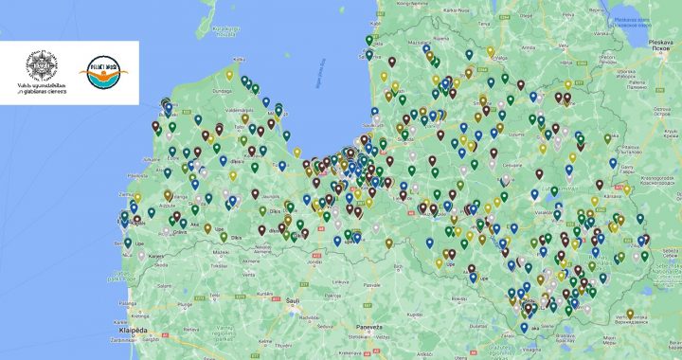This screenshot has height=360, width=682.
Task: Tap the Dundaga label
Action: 223,92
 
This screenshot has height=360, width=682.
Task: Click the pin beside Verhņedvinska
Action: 630,315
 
